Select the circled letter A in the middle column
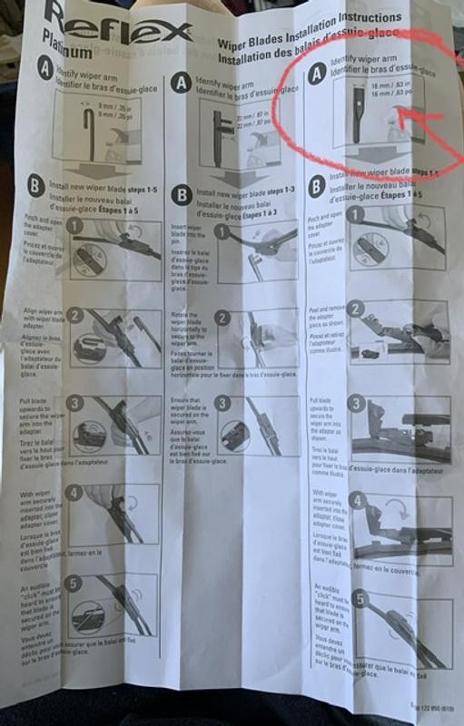pos(182,83)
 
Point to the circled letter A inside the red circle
pos(316,75)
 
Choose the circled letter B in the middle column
pos(182,193)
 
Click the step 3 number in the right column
pos(358,403)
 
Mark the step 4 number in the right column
pos(359,500)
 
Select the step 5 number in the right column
pos(360,599)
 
